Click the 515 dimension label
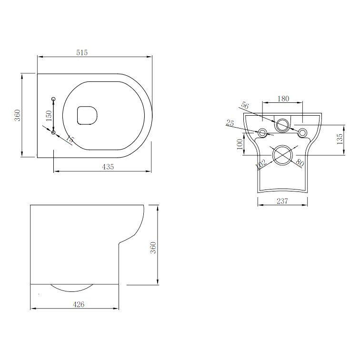(81, 53)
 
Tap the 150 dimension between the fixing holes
(48, 115)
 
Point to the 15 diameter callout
(70, 140)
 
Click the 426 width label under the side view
(79, 304)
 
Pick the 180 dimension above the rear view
(283, 99)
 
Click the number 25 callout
(230, 124)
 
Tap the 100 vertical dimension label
(239, 144)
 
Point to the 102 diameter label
(260, 164)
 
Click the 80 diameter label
(300, 163)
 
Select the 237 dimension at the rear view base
(282, 201)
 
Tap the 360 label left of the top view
(17, 116)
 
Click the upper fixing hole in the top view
(53, 99)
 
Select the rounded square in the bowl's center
(87, 115)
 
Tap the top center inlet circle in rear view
(282, 124)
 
